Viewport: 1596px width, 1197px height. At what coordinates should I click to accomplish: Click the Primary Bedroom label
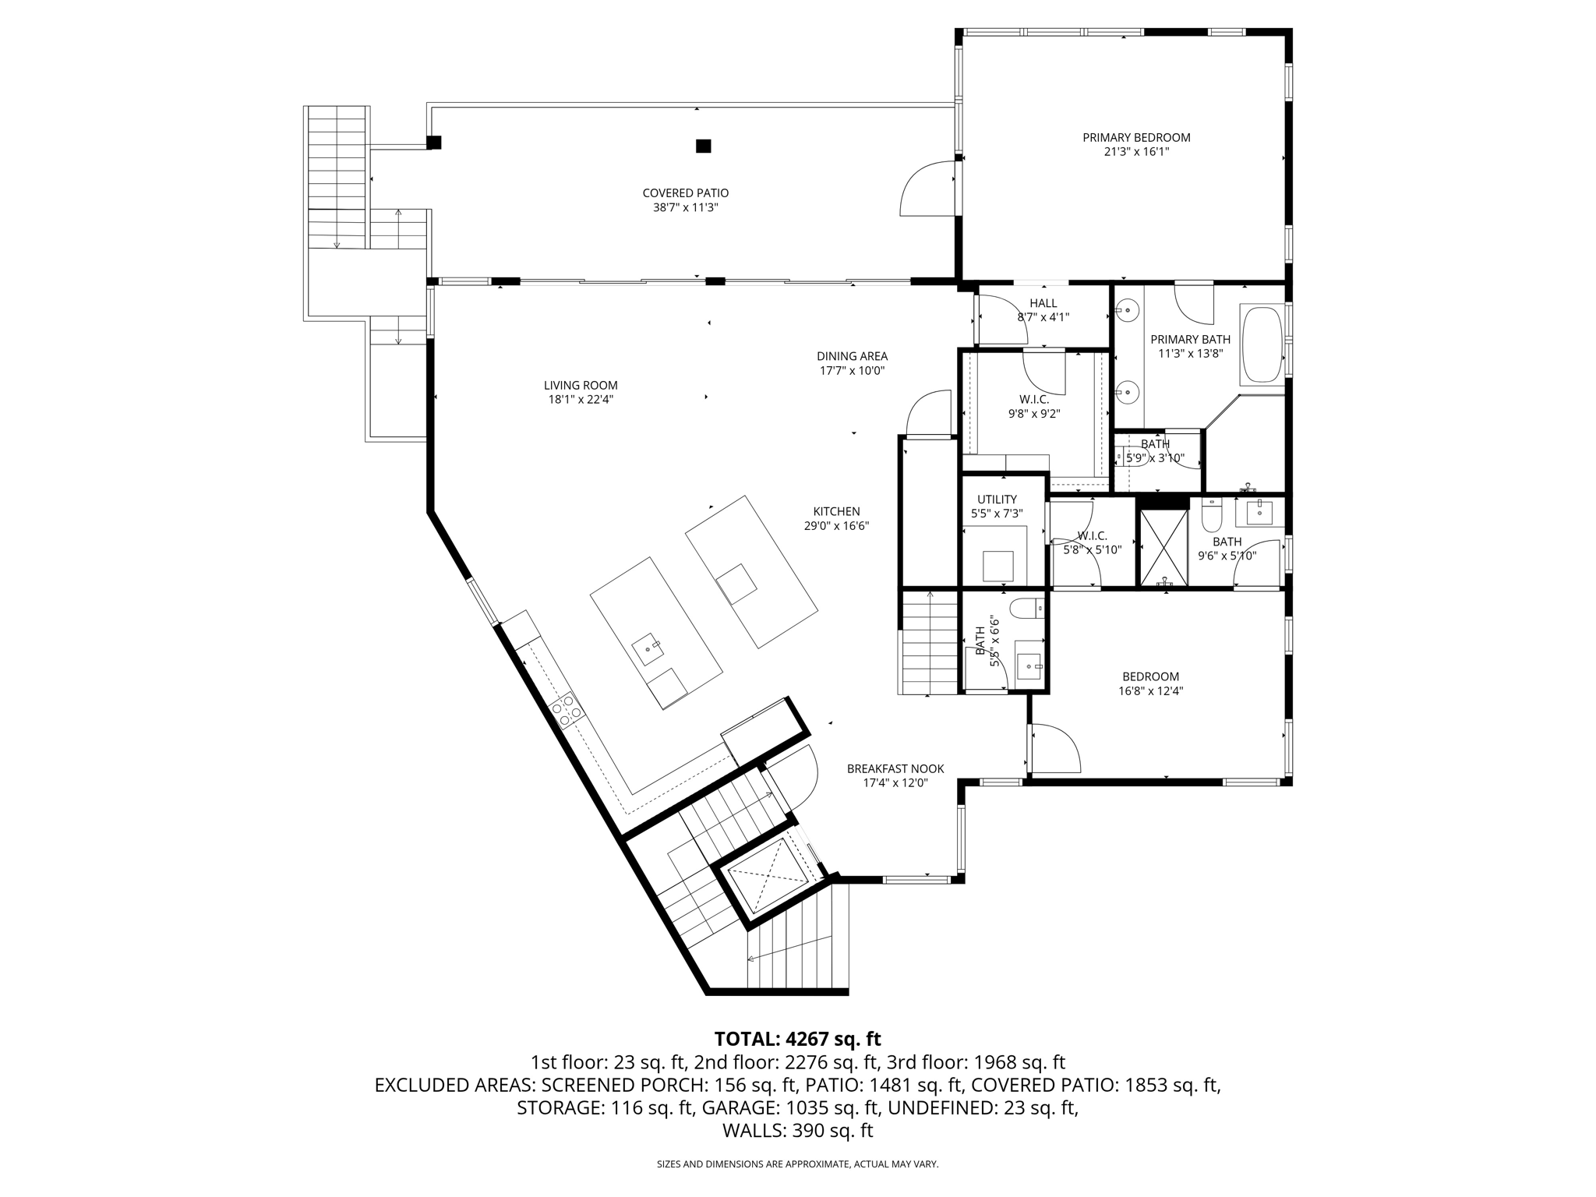point(1135,138)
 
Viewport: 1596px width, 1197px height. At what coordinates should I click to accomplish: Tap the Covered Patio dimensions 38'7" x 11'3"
point(685,208)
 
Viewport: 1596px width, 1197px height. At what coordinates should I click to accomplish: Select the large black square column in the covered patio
point(703,146)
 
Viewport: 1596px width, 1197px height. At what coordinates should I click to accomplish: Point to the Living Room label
point(581,385)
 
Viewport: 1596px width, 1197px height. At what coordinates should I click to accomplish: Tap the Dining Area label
point(852,356)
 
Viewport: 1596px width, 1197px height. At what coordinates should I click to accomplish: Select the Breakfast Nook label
point(895,768)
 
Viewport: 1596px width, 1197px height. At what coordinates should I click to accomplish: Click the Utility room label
point(997,500)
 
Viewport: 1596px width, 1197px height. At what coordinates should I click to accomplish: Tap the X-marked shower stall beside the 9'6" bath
point(1164,548)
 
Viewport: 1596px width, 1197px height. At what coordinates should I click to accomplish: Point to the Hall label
point(1043,303)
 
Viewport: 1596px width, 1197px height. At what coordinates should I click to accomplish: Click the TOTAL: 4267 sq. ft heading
point(797,1039)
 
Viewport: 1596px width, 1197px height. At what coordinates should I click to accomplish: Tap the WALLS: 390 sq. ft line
point(797,1131)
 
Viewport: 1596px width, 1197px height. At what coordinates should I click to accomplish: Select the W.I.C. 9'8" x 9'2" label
point(1033,399)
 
